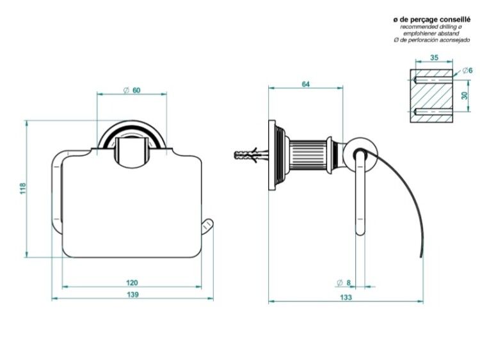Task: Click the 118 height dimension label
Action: coord(23,189)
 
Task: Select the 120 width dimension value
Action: coord(132,283)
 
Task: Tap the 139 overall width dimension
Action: coord(132,295)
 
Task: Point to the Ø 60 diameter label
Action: coord(132,90)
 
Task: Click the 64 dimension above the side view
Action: coord(305,84)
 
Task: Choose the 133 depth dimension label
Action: coord(346,297)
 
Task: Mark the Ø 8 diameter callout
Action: coord(344,283)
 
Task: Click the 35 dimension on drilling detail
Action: coord(434,58)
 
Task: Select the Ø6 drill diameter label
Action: coord(467,70)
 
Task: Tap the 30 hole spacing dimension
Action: coord(465,96)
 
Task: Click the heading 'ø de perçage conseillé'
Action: coord(431,20)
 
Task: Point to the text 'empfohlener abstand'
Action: coord(431,33)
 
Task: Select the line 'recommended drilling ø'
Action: coord(431,27)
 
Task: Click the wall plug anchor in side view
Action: coord(252,155)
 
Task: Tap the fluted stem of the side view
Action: coord(308,157)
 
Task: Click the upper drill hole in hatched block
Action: coord(432,80)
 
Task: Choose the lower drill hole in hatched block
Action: coord(432,111)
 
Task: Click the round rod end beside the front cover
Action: coord(207,228)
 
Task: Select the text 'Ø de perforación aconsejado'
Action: coord(431,40)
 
